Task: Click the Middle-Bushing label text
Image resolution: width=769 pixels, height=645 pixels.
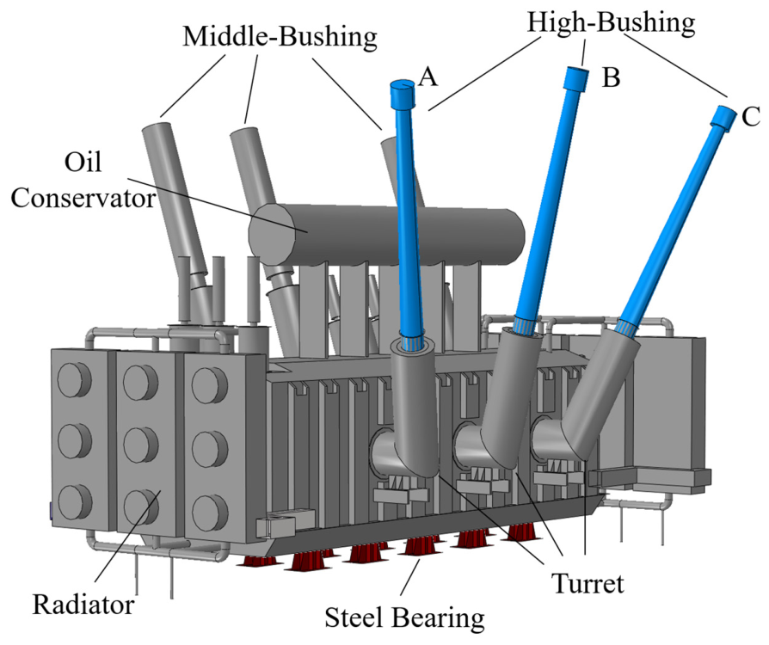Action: point(280,36)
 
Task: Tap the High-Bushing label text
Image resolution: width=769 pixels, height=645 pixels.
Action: point(611,22)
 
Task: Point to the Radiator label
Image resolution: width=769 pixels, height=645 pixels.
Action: point(83,605)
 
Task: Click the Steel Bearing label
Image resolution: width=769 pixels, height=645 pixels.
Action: point(404,617)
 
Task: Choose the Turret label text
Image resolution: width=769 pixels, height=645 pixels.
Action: point(588,584)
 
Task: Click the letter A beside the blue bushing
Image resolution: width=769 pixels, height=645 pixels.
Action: point(428,77)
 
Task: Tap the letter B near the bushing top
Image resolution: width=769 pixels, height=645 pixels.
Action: point(611,77)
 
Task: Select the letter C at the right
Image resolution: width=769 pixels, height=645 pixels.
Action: point(751,117)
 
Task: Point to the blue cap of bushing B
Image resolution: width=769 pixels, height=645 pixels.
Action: point(575,78)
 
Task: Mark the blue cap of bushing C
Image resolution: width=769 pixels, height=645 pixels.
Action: point(724,118)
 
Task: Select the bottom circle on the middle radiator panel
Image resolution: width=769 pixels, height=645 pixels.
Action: point(141,507)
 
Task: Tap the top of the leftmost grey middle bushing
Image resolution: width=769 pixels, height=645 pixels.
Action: point(157,123)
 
